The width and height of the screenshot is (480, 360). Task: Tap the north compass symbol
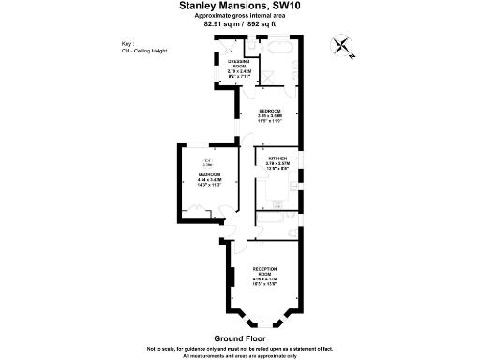(343, 46)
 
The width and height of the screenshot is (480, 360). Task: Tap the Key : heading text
(127, 44)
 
